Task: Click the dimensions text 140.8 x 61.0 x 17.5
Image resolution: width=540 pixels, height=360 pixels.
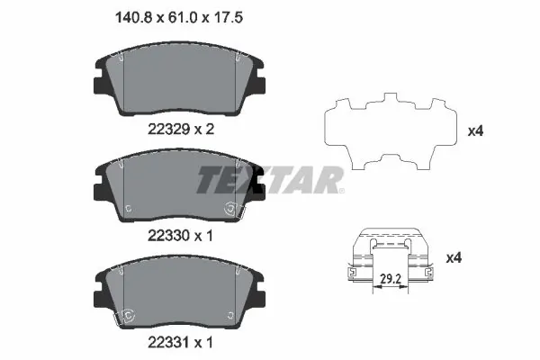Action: click(180, 15)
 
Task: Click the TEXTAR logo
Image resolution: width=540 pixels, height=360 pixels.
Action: click(270, 181)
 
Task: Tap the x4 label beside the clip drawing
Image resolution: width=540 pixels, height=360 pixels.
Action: click(454, 258)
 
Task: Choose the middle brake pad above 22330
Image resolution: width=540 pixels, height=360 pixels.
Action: click(180, 189)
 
